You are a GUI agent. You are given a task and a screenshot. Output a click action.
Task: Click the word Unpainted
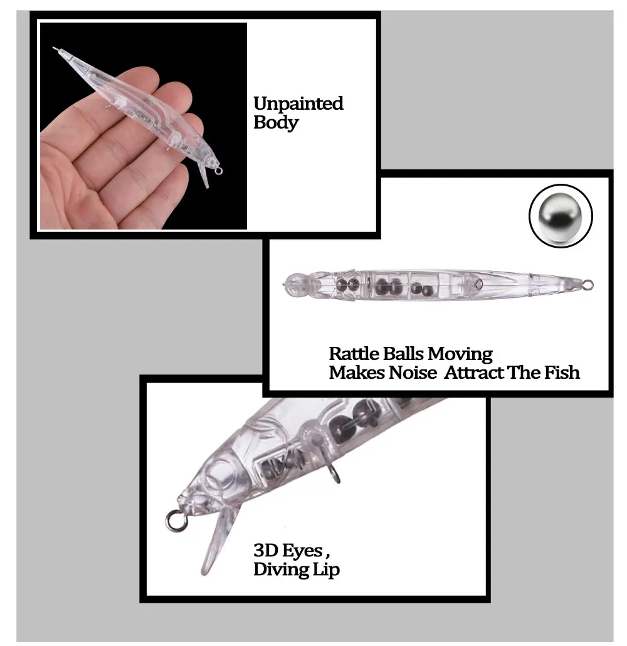(298, 103)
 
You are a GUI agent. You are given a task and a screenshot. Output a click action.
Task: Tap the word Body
(276, 123)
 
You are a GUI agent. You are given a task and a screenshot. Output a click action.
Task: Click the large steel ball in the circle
(561, 216)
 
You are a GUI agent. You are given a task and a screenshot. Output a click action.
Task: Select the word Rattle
(354, 354)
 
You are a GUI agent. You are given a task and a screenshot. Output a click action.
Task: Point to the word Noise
(413, 373)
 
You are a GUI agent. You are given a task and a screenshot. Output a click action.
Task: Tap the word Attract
(474, 373)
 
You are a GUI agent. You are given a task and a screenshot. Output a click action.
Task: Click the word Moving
(460, 354)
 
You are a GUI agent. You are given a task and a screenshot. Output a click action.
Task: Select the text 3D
(265, 551)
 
